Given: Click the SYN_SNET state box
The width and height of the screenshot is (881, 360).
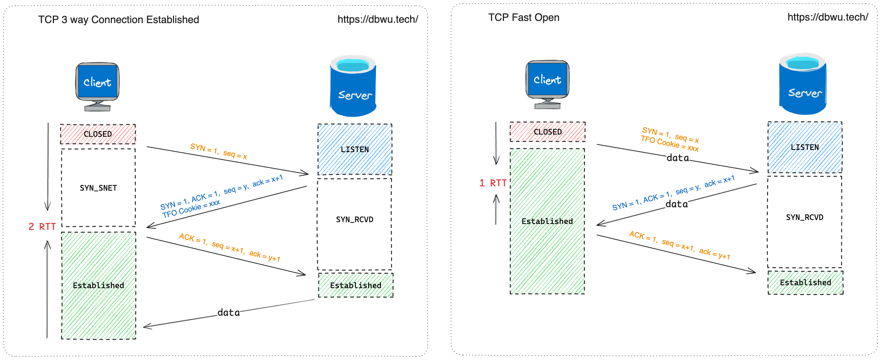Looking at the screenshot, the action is click(98, 188).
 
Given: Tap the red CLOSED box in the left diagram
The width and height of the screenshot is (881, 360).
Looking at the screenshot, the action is click(98, 134).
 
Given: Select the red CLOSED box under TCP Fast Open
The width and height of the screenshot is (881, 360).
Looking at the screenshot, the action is click(548, 132).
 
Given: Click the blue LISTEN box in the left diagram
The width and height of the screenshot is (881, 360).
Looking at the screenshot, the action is click(355, 149).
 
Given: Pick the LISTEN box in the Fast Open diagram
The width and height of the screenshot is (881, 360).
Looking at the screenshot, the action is click(805, 147).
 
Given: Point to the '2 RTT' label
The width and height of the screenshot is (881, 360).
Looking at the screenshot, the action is click(42, 227).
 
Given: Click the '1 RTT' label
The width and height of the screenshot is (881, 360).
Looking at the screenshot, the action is click(493, 183).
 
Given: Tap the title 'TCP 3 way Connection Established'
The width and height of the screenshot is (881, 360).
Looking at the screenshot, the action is click(118, 19).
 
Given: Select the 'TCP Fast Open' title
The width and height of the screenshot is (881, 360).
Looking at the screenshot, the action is click(524, 17).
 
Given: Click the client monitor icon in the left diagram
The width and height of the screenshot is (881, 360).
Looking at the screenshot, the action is click(98, 87).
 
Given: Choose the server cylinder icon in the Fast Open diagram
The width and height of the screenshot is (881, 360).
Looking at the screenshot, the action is click(803, 84).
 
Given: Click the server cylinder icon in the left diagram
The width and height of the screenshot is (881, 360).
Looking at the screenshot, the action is click(353, 86).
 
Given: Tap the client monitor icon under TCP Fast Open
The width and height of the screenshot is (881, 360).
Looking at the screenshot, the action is click(548, 84).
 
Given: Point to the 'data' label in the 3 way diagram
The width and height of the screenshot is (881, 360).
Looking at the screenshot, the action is click(229, 312).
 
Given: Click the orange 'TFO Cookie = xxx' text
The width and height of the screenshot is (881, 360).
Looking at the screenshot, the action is click(669, 143).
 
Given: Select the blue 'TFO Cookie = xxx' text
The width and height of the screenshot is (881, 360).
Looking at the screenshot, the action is click(191, 209).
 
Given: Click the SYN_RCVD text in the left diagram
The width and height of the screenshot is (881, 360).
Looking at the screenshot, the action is click(355, 219).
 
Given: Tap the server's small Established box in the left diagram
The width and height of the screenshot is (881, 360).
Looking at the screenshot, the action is click(356, 285).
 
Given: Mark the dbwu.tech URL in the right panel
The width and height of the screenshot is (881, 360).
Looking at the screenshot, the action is click(828, 17).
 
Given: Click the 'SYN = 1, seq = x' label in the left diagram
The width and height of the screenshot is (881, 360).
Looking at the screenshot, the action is click(219, 151).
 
